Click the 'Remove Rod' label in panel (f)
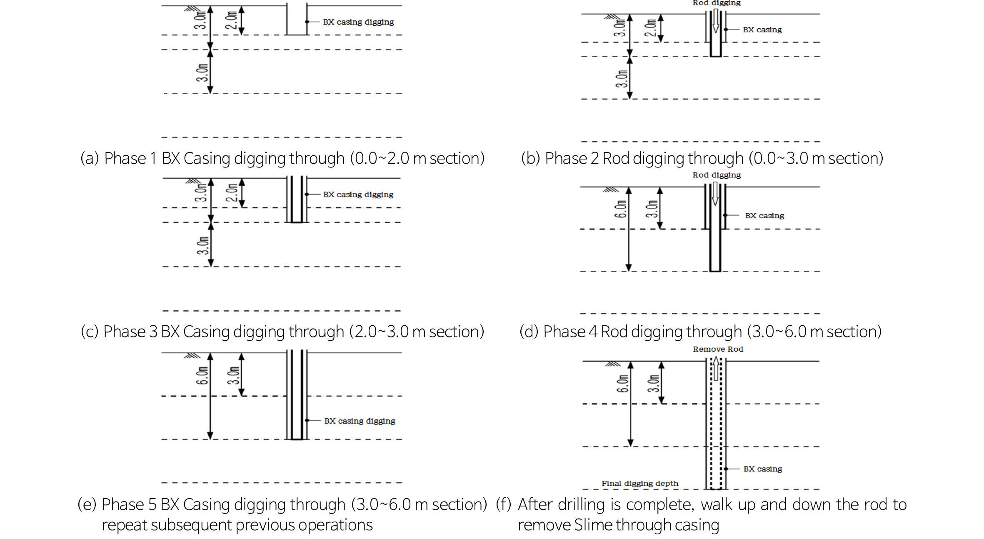click(x=718, y=349)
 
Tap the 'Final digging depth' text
click(x=640, y=483)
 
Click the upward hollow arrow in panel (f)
click(x=716, y=368)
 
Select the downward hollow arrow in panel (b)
click(x=716, y=21)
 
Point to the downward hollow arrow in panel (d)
click(x=715, y=194)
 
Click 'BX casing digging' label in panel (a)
click(x=358, y=22)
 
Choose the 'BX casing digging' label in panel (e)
click(x=360, y=421)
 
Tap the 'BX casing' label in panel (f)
click(x=763, y=469)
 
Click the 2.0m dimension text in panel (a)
click(x=231, y=20)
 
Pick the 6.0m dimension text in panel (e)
click(x=202, y=376)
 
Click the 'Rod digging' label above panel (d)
click(x=717, y=175)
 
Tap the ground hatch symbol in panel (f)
click(x=613, y=364)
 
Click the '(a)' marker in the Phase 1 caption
click(x=90, y=158)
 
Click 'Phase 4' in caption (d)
click(x=570, y=332)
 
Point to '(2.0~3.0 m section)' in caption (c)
click(x=417, y=332)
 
